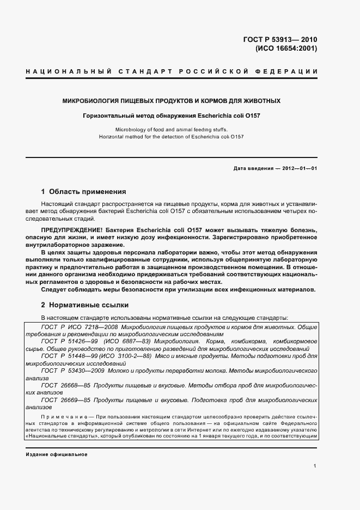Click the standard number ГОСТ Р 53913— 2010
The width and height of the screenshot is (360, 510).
279,39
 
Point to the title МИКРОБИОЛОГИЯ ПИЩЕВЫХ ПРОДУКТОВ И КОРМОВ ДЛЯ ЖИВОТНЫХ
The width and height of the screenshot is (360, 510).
172,101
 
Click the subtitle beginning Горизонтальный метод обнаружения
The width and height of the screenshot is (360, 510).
172,116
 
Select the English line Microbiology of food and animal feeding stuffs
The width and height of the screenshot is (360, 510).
172,130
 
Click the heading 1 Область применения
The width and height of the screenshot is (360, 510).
83,192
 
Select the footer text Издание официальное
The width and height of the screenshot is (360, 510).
57,454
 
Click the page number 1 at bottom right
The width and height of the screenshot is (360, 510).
315,466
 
